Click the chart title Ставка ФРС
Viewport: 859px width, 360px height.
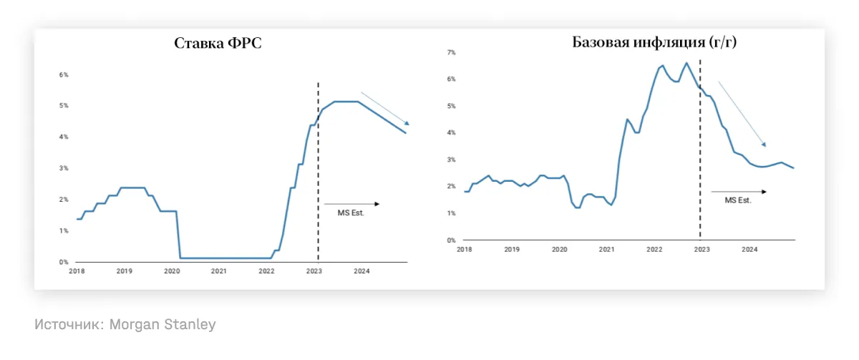[x=218, y=43]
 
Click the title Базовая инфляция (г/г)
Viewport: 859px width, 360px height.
[x=654, y=42]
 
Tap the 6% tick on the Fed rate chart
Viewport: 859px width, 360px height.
[x=64, y=74]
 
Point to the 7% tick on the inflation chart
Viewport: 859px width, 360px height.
[x=451, y=52]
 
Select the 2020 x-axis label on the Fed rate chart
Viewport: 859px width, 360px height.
[x=171, y=271]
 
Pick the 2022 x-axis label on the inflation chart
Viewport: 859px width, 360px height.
[x=654, y=249]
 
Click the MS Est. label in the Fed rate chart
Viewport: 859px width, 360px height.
[x=351, y=213]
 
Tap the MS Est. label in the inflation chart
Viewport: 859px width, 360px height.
[x=738, y=200]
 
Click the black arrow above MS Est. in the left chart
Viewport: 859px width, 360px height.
[x=352, y=204]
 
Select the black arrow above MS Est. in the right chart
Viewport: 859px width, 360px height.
[x=739, y=191]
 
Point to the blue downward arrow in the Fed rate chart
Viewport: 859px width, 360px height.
[x=384, y=108]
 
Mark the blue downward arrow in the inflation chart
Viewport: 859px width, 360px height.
[x=742, y=114]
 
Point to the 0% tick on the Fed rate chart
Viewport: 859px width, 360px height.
[x=64, y=262]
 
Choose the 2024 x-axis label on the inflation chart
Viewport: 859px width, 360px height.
[x=749, y=249]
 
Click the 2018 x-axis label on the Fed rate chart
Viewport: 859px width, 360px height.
[x=77, y=271]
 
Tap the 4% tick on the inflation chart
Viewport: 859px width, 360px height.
[x=451, y=132]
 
